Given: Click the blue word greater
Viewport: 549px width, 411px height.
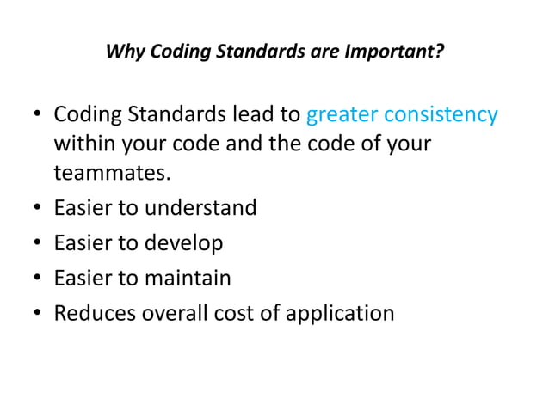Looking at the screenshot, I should (x=342, y=115).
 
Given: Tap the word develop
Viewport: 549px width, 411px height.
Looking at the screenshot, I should (x=185, y=243).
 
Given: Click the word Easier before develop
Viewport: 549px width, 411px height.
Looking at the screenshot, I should (x=84, y=243).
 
